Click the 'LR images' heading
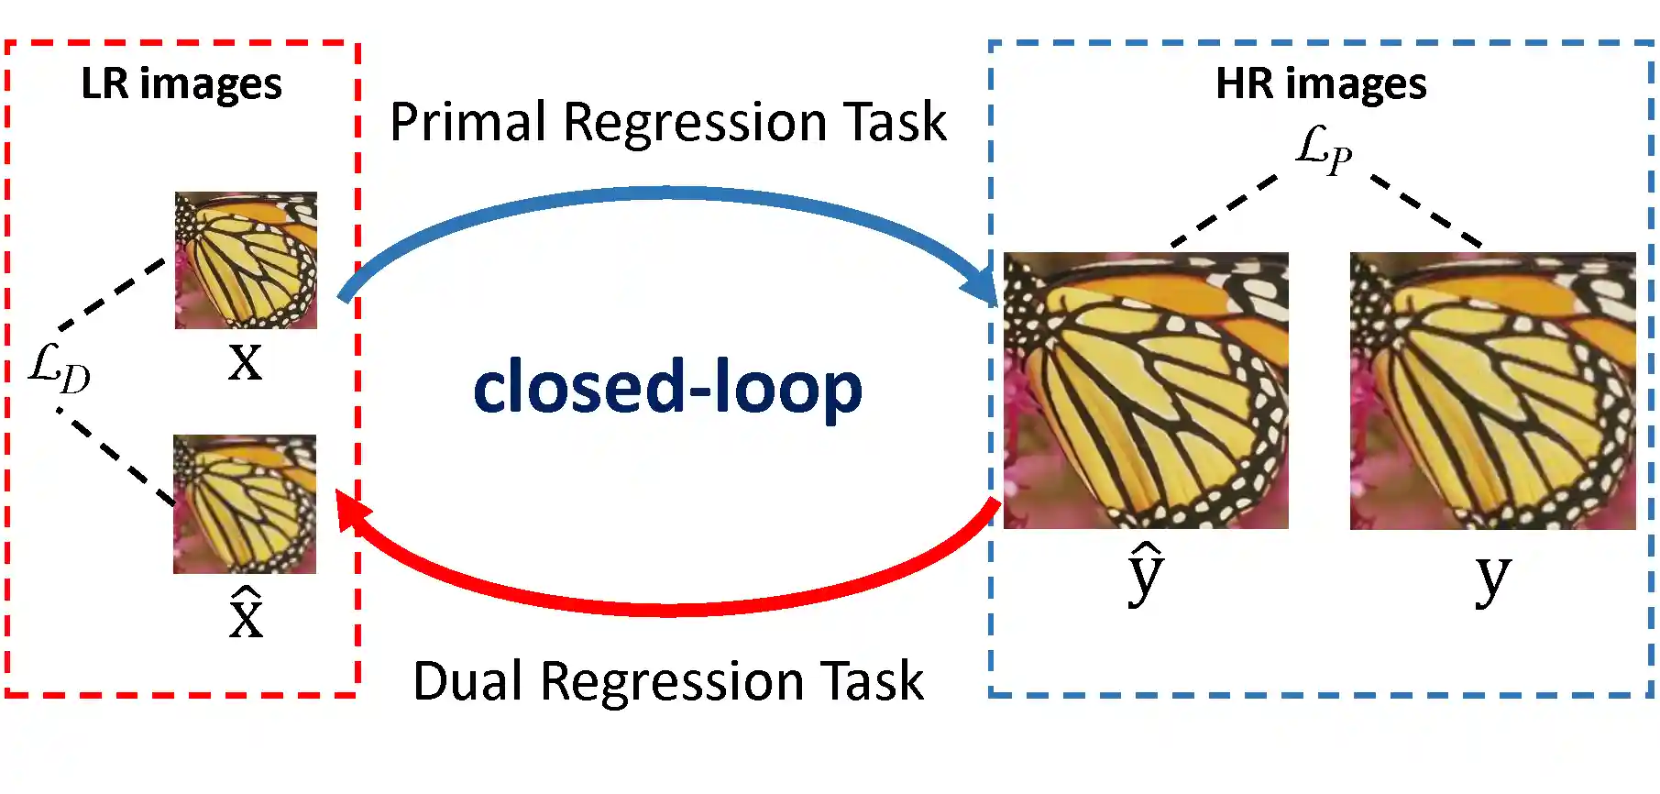click(181, 84)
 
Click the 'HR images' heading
click(1321, 84)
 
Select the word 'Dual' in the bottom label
click(468, 681)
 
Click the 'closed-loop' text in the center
click(667, 387)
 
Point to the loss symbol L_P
click(1324, 149)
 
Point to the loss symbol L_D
click(60, 368)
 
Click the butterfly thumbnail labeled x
click(246, 259)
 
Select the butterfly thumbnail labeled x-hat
click(245, 504)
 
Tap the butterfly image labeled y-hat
click(1146, 391)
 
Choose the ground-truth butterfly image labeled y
click(1492, 391)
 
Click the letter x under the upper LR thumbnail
click(245, 361)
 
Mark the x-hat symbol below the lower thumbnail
click(246, 612)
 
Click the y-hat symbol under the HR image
click(1146, 574)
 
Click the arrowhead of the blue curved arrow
click(981, 285)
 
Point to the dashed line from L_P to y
click(1426, 211)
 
